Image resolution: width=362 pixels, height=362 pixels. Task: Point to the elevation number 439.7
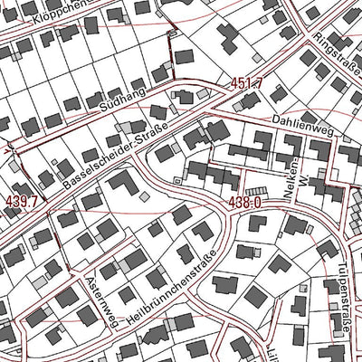[x=20, y=199]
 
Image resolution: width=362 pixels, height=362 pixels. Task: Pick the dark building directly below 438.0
[x=247, y=226]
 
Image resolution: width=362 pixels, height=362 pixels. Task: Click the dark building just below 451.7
[x=238, y=102]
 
